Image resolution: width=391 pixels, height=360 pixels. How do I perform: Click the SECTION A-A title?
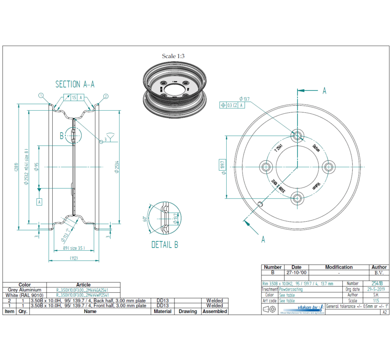coord(75,84)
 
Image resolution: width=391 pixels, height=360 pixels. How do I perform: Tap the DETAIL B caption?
coord(165,245)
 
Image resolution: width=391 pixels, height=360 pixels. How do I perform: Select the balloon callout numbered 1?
coord(41,95)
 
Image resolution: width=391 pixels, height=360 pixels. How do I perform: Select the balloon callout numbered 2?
coord(106,96)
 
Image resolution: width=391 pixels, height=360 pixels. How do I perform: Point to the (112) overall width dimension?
coord(73,258)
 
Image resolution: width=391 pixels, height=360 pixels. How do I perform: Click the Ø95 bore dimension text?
coord(37,167)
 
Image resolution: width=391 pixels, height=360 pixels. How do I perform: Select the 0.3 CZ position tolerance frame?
coord(232,104)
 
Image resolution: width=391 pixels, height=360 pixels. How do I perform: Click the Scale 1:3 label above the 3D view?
coord(173,56)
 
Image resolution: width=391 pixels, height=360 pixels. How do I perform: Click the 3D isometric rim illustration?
coord(174,90)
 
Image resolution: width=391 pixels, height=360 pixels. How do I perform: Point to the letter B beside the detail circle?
coord(62,136)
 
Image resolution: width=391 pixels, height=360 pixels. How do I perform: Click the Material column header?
coord(163,311)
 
